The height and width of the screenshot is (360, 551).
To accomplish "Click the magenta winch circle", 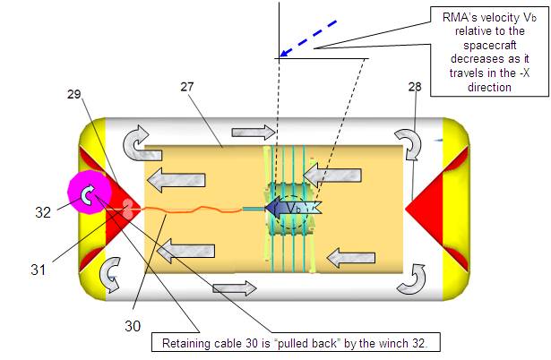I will (87, 194).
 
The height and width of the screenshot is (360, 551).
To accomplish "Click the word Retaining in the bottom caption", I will (189, 342).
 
